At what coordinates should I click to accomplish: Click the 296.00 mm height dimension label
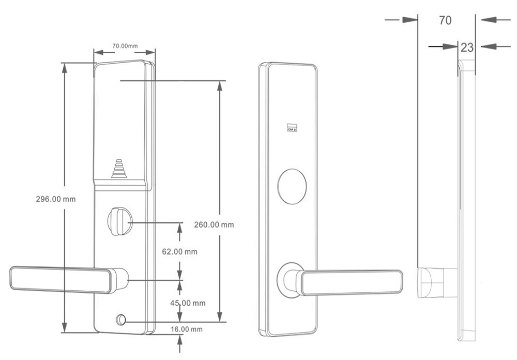click(x=56, y=199)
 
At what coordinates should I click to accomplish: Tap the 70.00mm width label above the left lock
click(x=125, y=46)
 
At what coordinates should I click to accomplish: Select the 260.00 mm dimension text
click(x=214, y=224)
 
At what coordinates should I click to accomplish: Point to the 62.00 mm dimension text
click(x=180, y=252)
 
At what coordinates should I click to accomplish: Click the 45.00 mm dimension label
click(x=188, y=303)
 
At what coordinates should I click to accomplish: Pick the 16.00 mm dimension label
click(x=187, y=329)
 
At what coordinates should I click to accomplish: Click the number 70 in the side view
click(x=445, y=21)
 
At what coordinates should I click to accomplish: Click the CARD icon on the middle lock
click(x=292, y=127)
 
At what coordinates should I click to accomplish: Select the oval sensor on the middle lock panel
click(x=292, y=186)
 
